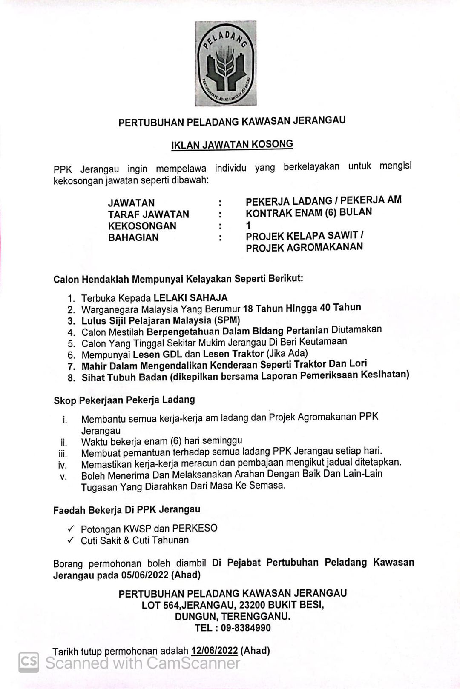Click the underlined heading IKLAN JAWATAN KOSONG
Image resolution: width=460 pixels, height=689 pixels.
point(232,144)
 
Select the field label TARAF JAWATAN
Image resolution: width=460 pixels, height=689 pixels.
point(148,214)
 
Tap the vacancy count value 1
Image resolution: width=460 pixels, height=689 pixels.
point(248,225)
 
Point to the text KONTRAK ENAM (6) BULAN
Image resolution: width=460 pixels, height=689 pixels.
point(309,212)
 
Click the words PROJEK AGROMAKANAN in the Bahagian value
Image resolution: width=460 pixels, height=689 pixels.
point(304,247)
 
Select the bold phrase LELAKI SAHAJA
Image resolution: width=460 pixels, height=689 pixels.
point(190,298)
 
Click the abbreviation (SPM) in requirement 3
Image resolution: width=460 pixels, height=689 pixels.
point(227,320)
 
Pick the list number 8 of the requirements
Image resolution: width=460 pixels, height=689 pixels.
point(72,377)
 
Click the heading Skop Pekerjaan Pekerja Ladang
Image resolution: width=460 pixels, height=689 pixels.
point(124,400)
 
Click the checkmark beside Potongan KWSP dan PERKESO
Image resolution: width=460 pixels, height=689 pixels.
point(71,529)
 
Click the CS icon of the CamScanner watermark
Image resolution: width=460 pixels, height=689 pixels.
point(29,662)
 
